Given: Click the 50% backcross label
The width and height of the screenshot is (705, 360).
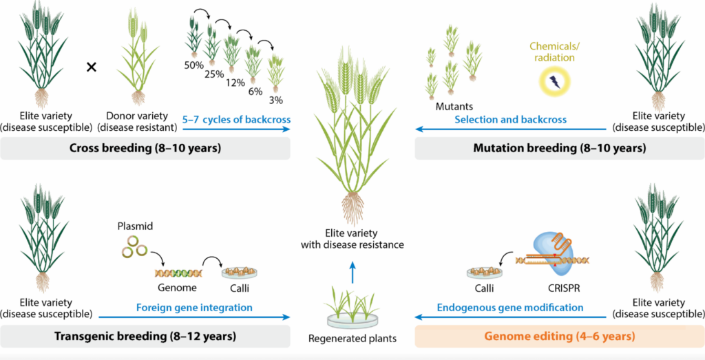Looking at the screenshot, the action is click(193, 65).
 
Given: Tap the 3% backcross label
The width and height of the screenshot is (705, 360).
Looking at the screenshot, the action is click(275, 100).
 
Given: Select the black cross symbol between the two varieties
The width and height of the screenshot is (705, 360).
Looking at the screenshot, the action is click(92, 67).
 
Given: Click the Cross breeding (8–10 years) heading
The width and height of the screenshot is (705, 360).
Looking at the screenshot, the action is click(145, 148).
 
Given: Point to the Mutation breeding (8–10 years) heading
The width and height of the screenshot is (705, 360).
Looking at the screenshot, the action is click(560, 148).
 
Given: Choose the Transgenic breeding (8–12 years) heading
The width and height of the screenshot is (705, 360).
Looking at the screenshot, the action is click(145, 336).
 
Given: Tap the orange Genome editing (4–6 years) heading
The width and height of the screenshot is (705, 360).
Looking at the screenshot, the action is click(559, 336).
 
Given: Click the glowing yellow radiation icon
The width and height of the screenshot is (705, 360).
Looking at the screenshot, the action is click(554, 81).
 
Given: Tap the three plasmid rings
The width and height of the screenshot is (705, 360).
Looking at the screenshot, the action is click(135, 248).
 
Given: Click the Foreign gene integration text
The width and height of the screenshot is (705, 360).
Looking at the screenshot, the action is click(193, 308).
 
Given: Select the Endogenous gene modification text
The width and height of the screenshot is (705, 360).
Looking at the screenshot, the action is click(511, 308).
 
